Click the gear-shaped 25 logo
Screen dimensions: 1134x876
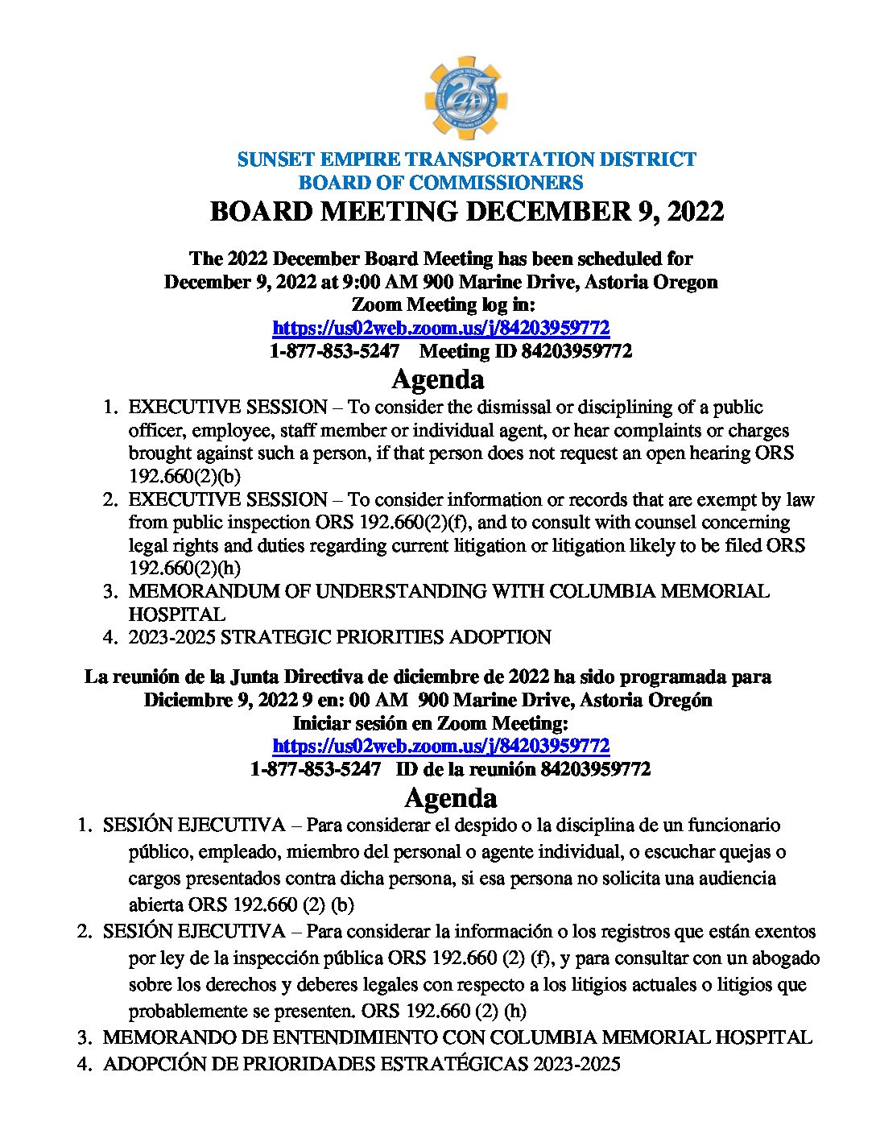click(x=465, y=98)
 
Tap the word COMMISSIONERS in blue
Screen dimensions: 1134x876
click(x=496, y=183)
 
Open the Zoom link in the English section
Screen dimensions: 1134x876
click(x=440, y=328)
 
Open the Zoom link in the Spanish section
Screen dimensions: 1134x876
click(x=440, y=746)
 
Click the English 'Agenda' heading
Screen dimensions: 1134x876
click(x=437, y=379)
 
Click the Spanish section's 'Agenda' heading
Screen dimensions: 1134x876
click(x=450, y=797)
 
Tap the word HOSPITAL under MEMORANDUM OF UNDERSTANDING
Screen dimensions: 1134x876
click(x=176, y=614)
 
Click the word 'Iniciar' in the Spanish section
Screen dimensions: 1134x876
click(x=322, y=722)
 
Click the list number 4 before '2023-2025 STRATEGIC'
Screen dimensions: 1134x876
click(x=109, y=637)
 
